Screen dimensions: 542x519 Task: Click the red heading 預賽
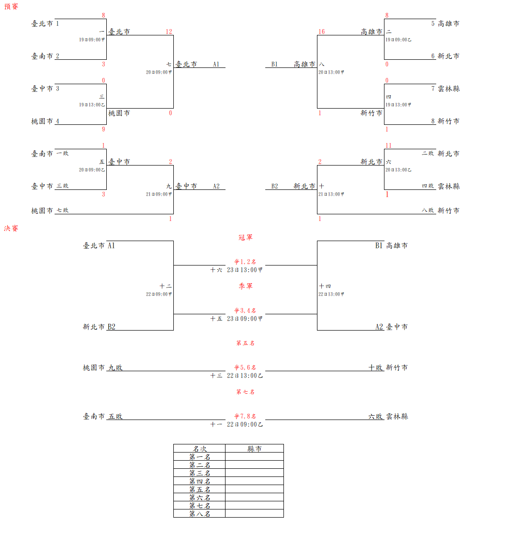coord(11,7)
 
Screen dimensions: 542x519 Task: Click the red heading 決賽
coord(11,229)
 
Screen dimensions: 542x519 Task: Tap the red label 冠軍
coord(245,237)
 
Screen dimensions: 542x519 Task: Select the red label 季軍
coord(245,286)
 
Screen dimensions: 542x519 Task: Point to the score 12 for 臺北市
coord(169,32)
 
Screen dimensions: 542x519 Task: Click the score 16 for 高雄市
coord(321,32)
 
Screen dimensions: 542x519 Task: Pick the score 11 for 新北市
coord(388,145)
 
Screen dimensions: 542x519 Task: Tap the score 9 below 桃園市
coord(103,129)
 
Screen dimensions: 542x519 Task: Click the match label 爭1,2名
coord(245,262)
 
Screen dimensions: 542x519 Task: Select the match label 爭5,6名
coord(245,367)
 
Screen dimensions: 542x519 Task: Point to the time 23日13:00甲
coord(245,270)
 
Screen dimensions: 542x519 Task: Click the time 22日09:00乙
coord(245,424)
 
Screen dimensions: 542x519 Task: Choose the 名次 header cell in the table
coord(199,449)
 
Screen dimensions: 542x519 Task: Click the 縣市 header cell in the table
coord(254,449)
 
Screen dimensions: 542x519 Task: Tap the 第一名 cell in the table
coord(199,457)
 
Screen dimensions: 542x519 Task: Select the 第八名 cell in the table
coord(199,514)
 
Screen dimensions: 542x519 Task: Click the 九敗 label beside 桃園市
coord(115,367)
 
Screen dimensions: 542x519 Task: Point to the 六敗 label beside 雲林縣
coord(375,416)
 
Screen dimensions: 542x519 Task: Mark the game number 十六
coord(216,270)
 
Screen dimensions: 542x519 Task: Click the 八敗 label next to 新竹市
coord(428,210)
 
